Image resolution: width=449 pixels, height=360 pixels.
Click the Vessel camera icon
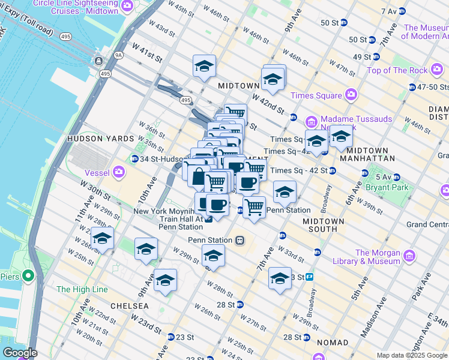click(119, 172)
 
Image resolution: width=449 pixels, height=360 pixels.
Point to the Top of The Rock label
click(397, 70)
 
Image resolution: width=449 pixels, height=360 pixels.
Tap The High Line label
click(82, 289)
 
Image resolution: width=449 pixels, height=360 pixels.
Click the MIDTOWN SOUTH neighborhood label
click(324, 226)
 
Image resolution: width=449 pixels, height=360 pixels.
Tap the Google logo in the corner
click(19, 353)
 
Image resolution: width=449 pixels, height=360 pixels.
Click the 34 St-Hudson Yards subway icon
click(134, 158)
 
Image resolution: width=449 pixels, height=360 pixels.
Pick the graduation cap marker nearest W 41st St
click(204, 67)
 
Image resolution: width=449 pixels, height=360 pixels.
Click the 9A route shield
click(118, 55)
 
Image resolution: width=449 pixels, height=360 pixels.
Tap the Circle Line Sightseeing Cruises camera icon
click(127, 5)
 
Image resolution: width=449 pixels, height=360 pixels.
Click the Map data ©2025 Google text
click(411, 355)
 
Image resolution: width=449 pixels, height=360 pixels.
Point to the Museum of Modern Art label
click(426, 32)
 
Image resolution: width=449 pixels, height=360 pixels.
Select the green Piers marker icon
click(28, 277)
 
